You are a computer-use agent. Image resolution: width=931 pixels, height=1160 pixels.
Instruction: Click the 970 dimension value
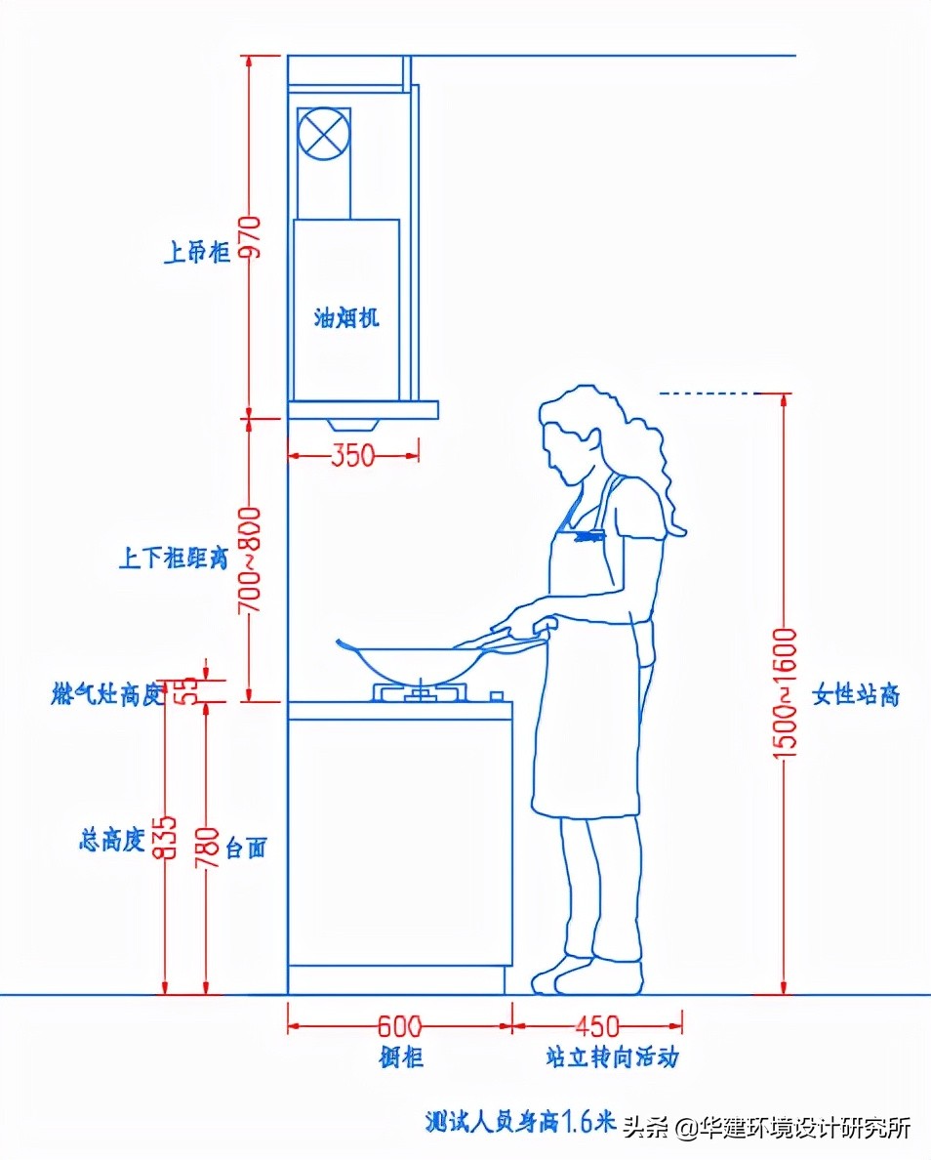[252, 235]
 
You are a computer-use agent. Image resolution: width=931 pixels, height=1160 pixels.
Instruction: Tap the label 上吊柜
[196, 253]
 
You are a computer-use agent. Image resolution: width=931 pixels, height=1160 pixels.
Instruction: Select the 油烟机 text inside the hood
[345, 317]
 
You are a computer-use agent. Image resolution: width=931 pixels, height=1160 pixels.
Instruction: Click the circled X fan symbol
[323, 134]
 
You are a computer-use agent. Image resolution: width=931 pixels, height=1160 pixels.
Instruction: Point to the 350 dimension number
[352, 455]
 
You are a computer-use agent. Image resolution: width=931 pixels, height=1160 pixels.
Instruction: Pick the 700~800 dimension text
[250, 559]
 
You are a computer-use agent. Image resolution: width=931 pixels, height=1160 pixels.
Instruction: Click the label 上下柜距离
[173, 559]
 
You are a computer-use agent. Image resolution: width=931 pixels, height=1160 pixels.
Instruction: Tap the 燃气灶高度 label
[104, 695]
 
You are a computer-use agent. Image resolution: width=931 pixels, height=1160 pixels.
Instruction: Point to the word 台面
[246, 847]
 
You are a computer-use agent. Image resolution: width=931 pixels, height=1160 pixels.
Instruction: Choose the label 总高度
[112, 839]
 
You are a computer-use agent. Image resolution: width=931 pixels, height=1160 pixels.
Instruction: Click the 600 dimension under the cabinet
[399, 1026]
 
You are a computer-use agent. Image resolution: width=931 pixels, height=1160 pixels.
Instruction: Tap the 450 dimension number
[596, 1026]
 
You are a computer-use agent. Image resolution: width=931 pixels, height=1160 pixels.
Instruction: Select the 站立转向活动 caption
[612, 1057]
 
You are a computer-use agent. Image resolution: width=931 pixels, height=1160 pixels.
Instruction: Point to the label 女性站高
[856, 695]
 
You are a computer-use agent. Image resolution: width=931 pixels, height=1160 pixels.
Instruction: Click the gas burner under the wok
[420, 693]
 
